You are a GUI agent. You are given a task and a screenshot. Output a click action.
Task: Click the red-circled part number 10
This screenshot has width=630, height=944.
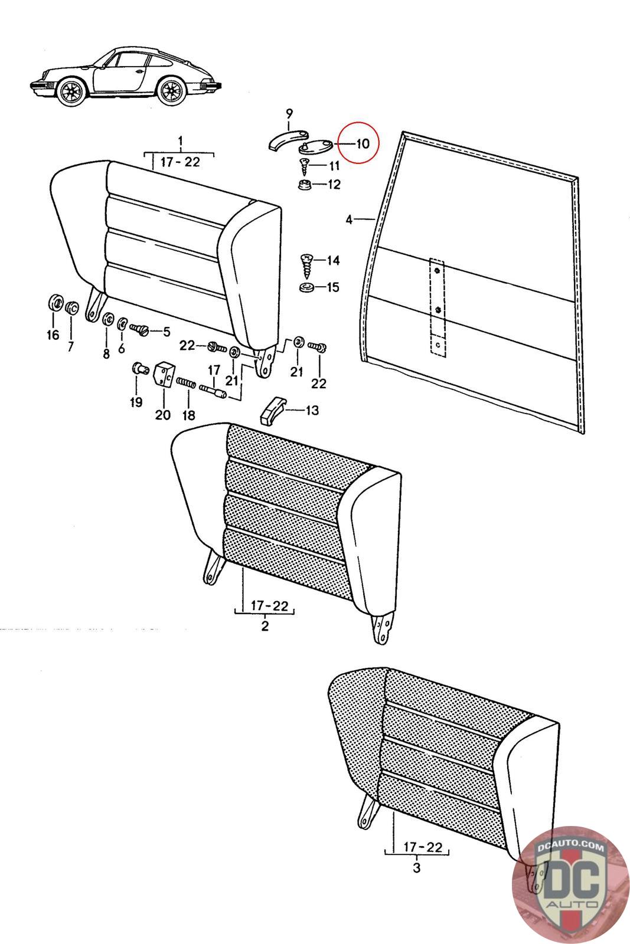(x=362, y=143)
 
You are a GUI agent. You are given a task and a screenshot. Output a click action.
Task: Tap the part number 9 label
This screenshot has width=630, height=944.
(x=289, y=113)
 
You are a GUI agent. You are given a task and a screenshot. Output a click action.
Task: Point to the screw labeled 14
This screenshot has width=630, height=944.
(x=307, y=267)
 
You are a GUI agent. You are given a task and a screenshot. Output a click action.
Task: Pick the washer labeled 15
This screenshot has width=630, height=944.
(x=307, y=289)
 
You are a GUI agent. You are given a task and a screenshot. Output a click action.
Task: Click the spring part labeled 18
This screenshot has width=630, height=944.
(x=186, y=383)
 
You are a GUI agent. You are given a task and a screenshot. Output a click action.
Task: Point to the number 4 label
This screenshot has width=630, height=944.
(x=349, y=220)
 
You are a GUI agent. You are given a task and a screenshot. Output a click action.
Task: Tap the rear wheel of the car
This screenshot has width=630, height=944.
(x=172, y=90)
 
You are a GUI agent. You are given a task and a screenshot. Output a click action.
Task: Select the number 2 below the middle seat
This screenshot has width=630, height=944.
(x=265, y=625)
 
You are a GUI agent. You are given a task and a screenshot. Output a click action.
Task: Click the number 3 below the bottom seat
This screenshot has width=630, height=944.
(x=417, y=868)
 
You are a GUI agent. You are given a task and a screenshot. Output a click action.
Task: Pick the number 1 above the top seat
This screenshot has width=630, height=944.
(x=181, y=141)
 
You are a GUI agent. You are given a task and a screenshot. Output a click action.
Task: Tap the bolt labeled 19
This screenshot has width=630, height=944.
(x=139, y=370)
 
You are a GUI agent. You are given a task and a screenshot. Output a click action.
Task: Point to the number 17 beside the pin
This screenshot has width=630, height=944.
(x=214, y=370)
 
